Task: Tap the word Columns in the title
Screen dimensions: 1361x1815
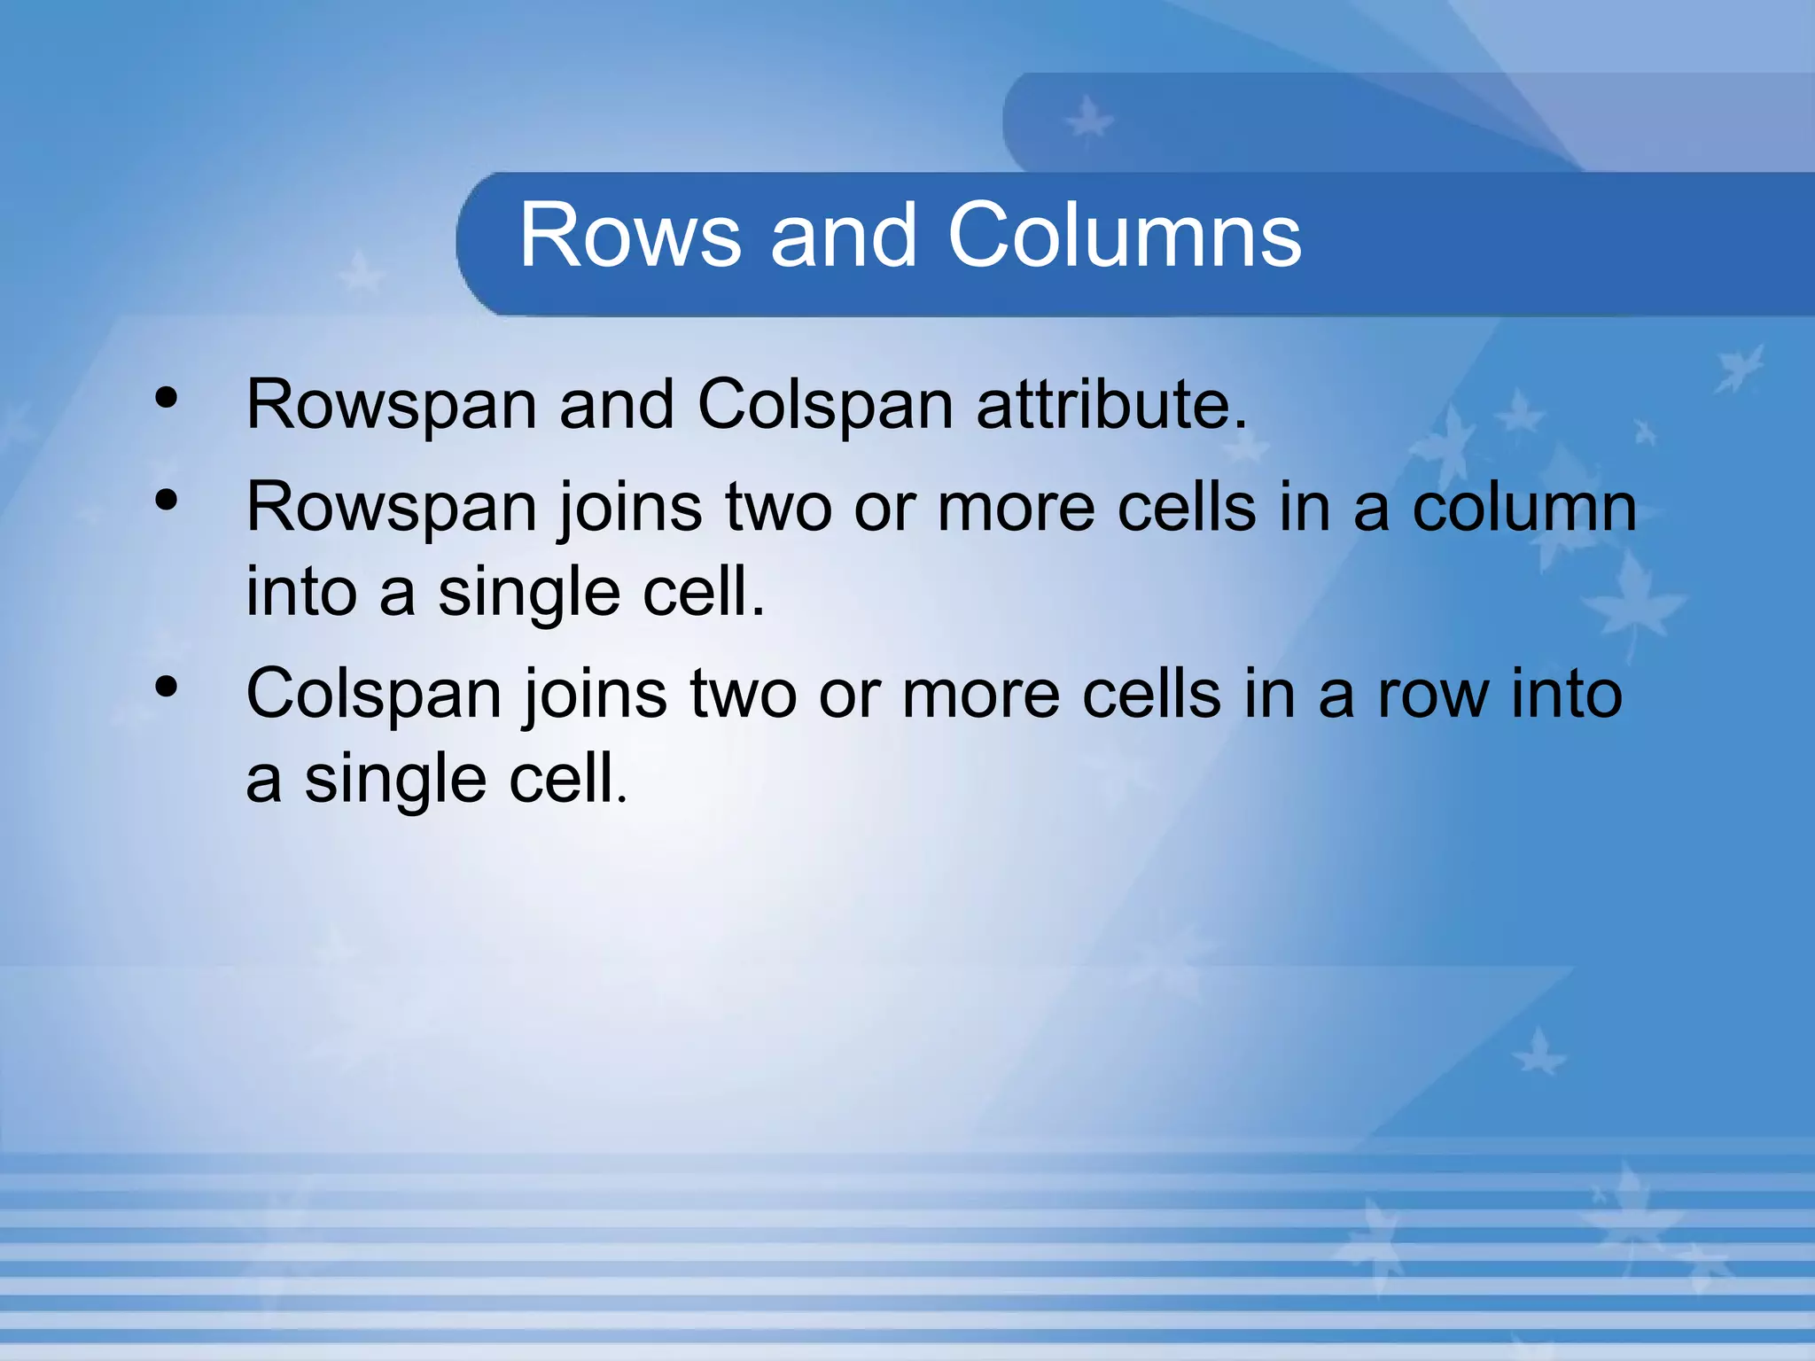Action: coord(1125,235)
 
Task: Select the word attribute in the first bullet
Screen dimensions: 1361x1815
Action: coord(1111,405)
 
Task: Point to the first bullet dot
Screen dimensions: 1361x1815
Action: coord(166,400)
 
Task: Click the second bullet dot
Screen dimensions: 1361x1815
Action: coord(166,502)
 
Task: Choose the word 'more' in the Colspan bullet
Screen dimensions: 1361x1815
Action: coord(980,695)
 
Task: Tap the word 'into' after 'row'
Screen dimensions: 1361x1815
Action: coord(1566,695)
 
